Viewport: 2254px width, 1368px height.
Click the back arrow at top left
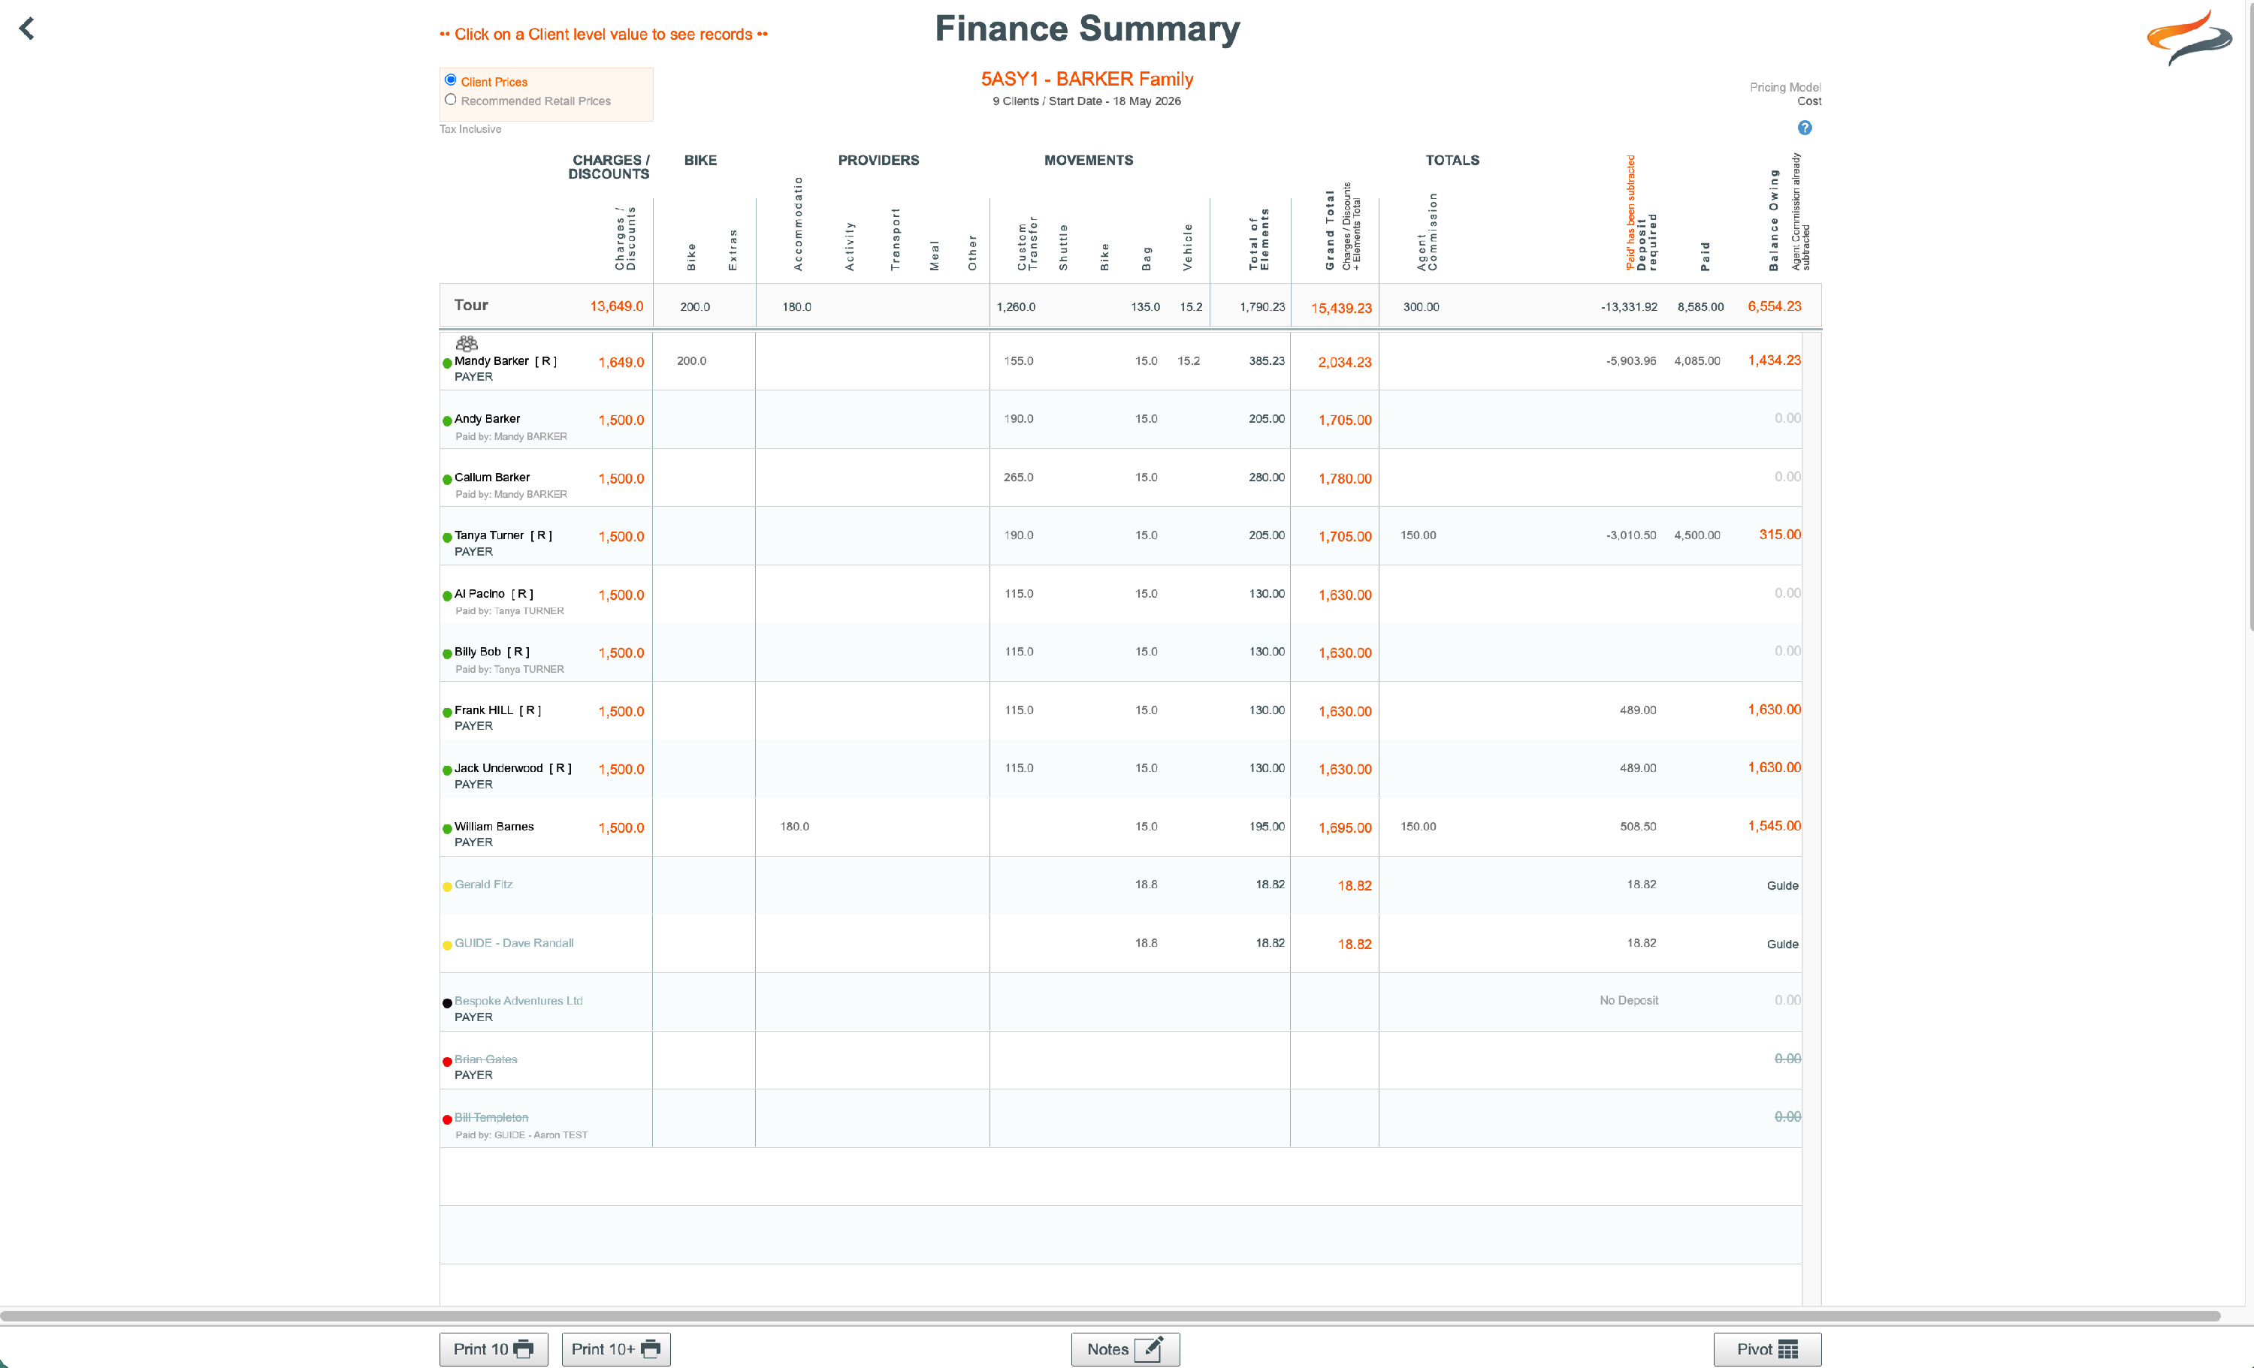26,29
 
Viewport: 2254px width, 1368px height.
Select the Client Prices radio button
450,80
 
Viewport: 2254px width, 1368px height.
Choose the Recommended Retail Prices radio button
450,100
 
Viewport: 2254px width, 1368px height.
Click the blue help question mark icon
1804,128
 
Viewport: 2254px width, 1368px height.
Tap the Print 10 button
493,1348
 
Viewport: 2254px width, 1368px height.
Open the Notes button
1125,1348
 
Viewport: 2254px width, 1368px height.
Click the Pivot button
1766,1348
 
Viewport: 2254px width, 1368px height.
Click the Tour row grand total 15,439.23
1341,308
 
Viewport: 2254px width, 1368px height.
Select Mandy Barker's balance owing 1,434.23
1774,360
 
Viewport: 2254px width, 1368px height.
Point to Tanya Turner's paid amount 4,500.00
1697,535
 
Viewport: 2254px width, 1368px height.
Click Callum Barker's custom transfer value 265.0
1018,478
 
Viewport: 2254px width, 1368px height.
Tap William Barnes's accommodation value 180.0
794,827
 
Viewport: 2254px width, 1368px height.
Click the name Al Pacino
479,593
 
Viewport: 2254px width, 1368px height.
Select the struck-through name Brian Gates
486,1059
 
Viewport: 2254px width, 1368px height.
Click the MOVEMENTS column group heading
1089,160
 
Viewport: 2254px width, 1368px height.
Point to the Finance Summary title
1086,29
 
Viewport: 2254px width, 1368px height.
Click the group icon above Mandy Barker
467,344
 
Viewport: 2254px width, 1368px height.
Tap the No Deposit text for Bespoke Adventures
1628,1000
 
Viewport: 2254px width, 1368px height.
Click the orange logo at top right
2189,38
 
